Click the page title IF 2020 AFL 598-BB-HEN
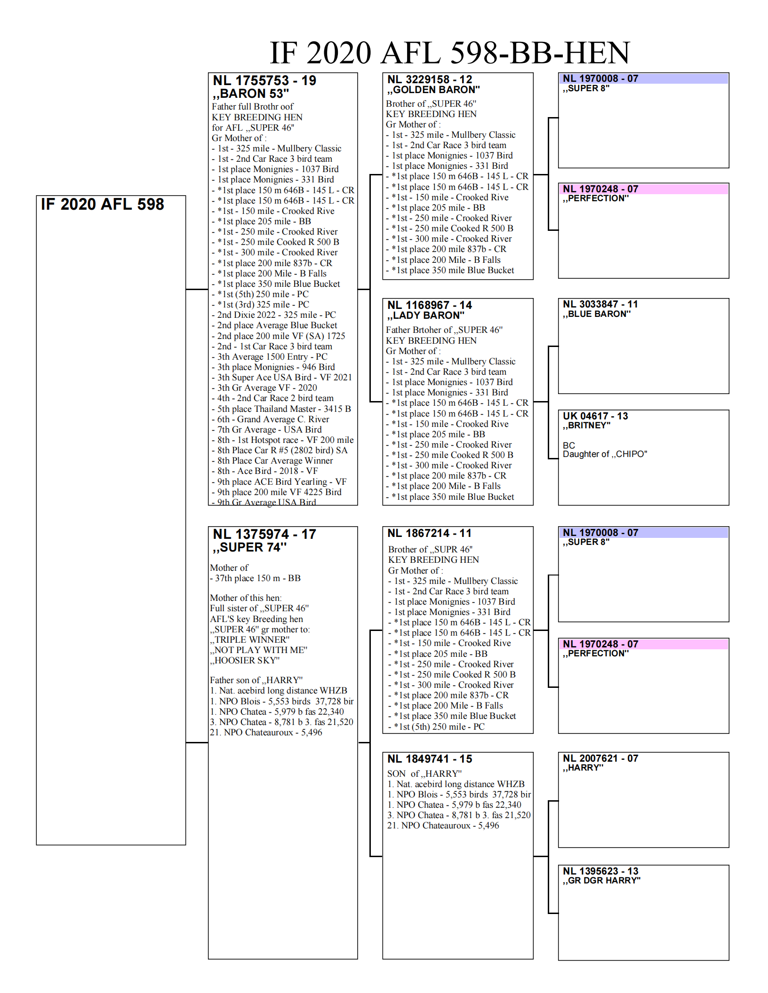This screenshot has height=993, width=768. pyautogui.click(x=449, y=53)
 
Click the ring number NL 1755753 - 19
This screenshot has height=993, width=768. pyautogui.click(x=264, y=81)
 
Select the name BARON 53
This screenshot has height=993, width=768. pyautogui.click(x=251, y=94)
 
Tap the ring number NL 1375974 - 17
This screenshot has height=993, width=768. pyautogui.click(x=264, y=535)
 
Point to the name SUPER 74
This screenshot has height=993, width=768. pyautogui.click(x=249, y=547)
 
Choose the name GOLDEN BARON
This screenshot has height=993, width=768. pyautogui.click(x=433, y=90)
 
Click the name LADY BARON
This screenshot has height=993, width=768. pyautogui.click(x=425, y=315)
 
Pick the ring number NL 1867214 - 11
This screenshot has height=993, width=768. pyautogui.click(x=429, y=533)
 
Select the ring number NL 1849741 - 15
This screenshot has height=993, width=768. pyautogui.click(x=429, y=759)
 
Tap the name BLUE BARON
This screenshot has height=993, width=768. pyautogui.click(x=597, y=314)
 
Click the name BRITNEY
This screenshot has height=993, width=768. pyautogui.click(x=586, y=426)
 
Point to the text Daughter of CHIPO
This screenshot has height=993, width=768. pyautogui.click(x=605, y=454)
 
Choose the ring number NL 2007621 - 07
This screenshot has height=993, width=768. pyautogui.click(x=600, y=758)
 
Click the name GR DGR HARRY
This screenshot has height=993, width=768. pyautogui.click(x=601, y=881)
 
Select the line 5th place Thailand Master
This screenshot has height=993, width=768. pyautogui.click(x=284, y=409)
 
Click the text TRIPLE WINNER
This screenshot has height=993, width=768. pyautogui.click(x=250, y=640)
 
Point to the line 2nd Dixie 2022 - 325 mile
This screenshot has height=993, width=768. pyautogui.click(x=276, y=315)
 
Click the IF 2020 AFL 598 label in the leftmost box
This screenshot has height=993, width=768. pyautogui.click(x=103, y=205)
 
